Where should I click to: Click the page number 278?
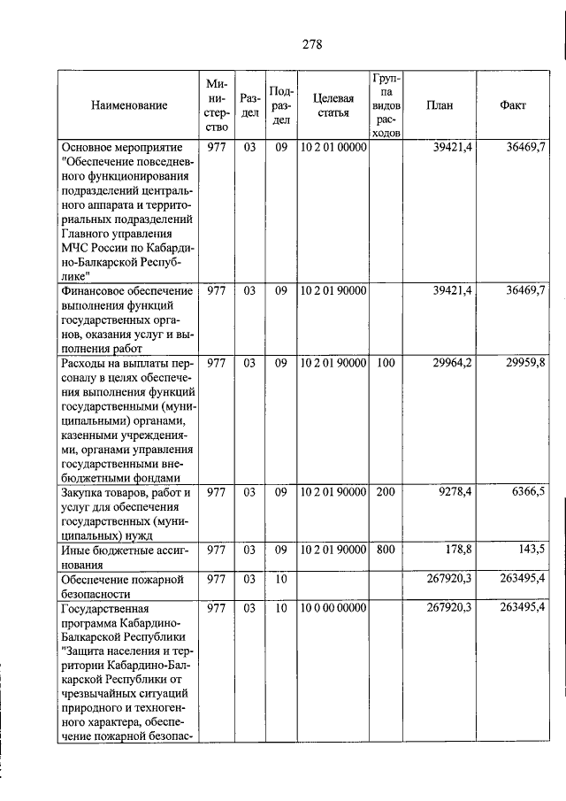click(310, 45)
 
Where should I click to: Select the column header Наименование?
click(128, 105)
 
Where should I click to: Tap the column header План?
click(439, 105)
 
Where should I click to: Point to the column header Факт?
click(512, 105)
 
